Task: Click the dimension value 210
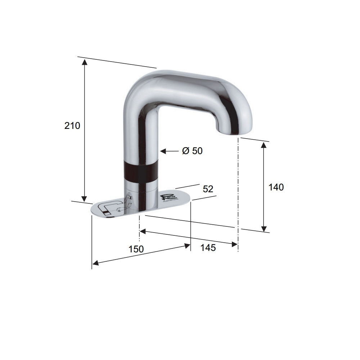coord(72,126)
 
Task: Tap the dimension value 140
coord(276,187)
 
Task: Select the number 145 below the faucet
coord(208,248)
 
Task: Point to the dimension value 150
coord(136,249)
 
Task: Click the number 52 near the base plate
coord(208,189)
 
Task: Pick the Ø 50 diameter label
coord(192,151)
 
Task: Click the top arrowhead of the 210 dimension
coord(85,62)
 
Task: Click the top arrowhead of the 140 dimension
coord(264,145)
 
